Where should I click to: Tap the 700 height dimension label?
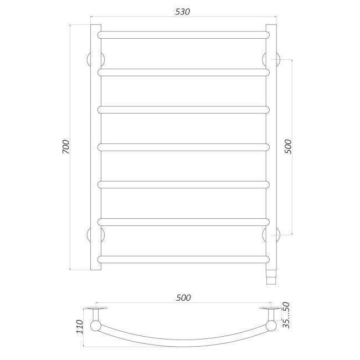(x=66, y=147)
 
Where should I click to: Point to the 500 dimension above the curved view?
(x=183, y=297)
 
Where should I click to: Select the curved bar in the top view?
(x=183, y=340)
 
